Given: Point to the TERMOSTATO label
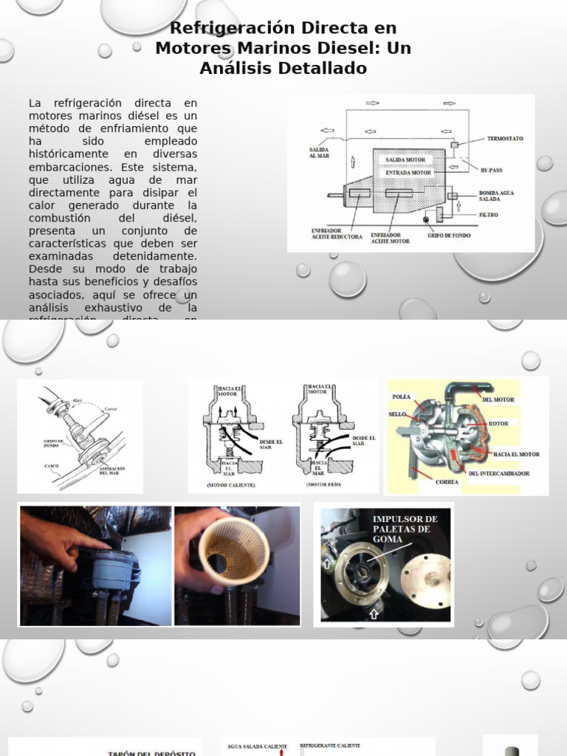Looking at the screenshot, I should pyautogui.click(x=506, y=139).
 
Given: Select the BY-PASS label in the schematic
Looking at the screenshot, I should pyautogui.click(x=491, y=170).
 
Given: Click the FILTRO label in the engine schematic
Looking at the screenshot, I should pyautogui.click(x=488, y=215).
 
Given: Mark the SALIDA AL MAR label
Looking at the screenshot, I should pyautogui.click(x=319, y=152).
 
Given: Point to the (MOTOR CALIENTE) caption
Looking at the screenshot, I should pyautogui.click(x=231, y=486).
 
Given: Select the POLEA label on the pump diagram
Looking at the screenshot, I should pyautogui.click(x=401, y=396).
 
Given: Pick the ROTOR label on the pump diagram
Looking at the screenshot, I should pyautogui.click(x=499, y=423).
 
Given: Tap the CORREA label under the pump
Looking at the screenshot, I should pyautogui.click(x=447, y=482).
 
